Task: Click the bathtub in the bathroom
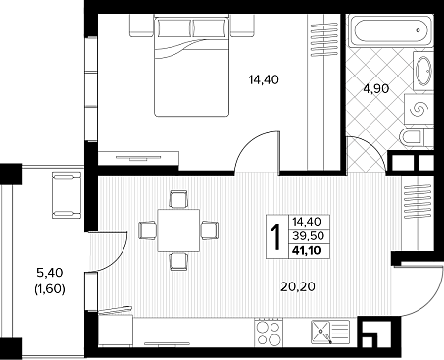tap(390, 30)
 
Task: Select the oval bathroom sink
tap(423, 71)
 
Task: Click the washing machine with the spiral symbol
tap(419, 109)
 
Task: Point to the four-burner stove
tap(269, 333)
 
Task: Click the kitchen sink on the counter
tap(330, 333)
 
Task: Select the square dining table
tap(178, 231)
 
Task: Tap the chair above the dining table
tap(178, 199)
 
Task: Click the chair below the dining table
tap(178, 262)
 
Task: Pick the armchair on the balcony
tap(67, 195)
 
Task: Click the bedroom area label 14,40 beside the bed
tap(264, 79)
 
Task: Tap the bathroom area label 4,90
tap(376, 88)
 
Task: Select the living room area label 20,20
tap(298, 286)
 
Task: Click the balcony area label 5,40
tap(50, 272)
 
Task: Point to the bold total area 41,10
tap(306, 251)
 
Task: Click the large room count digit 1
tap(276, 236)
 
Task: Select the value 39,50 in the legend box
tap(308, 236)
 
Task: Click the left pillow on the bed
tap(174, 28)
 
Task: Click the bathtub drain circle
tap(418, 30)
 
